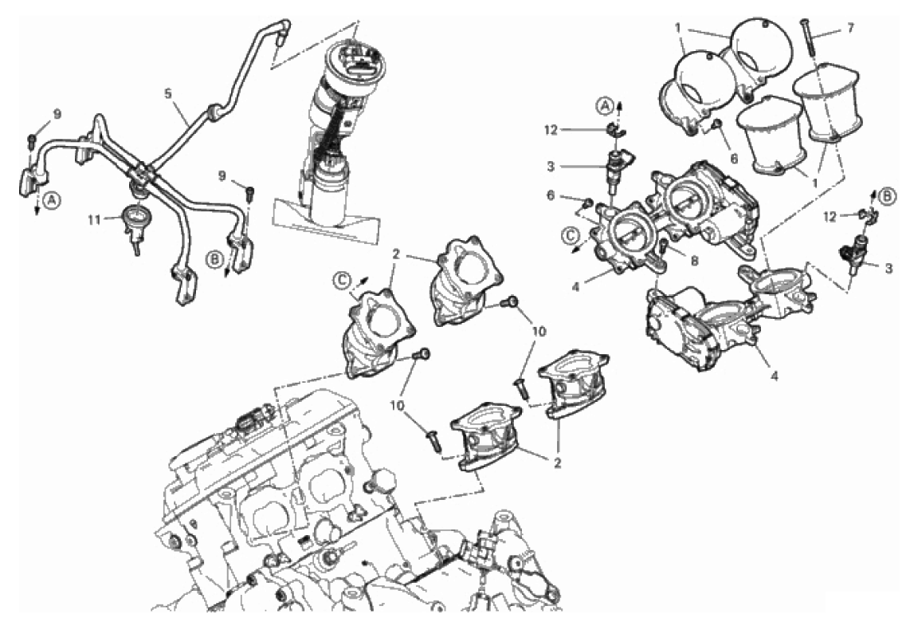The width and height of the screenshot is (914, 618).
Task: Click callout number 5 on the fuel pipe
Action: [x=168, y=93]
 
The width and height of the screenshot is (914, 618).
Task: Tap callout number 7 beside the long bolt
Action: [x=850, y=28]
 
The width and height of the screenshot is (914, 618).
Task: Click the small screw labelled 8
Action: [x=663, y=249]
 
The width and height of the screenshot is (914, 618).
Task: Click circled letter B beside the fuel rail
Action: [x=214, y=258]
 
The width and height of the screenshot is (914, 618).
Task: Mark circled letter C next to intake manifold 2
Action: [x=342, y=281]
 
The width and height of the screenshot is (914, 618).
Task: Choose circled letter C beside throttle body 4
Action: [x=568, y=234]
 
